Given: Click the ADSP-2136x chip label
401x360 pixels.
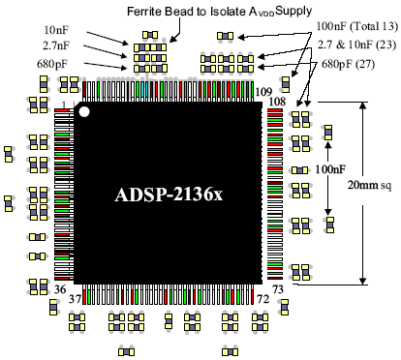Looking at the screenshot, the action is click(169, 195).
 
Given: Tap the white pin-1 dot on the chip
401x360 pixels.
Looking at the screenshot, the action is click(84, 111).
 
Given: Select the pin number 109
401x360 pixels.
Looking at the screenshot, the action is click(263, 92).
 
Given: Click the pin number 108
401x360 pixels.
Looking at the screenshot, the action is click(277, 102).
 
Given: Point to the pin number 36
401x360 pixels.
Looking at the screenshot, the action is click(60, 289).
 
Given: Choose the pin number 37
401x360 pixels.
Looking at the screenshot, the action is click(75, 299).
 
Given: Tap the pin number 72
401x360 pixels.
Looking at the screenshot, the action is click(262, 299).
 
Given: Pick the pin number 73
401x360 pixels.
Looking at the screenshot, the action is click(278, 289).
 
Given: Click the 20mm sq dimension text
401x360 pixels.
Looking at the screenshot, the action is click(369, 185).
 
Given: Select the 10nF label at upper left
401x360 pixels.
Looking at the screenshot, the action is click(56, 30).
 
